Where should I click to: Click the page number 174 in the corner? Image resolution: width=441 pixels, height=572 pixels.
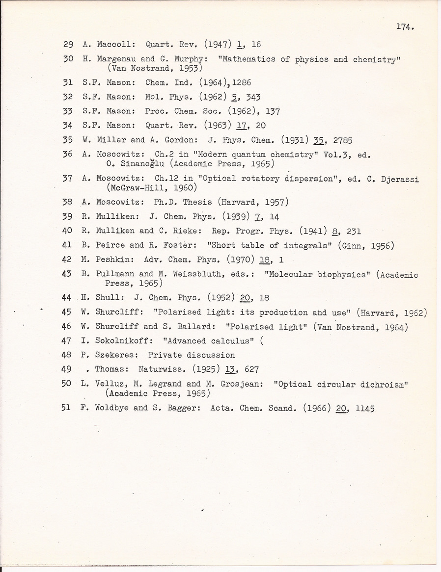click(x=405, y=27)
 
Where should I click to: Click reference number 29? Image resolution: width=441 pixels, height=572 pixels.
click(x=69, y=44)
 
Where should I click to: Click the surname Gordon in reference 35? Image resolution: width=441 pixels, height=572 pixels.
click(x=167, y=139)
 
